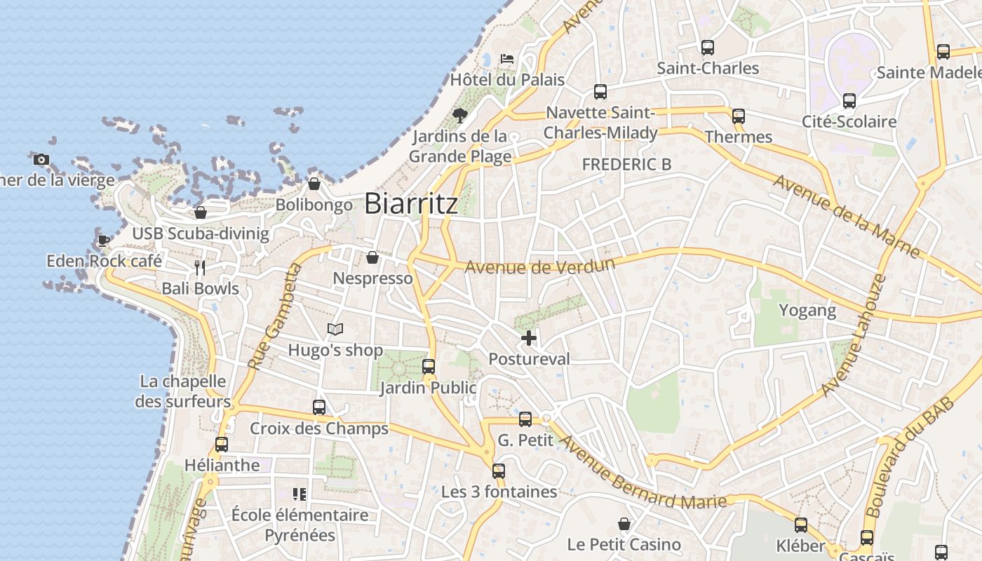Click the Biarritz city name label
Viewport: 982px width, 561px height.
[x=411, y=203]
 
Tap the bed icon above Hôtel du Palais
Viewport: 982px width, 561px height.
[x=507, y=59]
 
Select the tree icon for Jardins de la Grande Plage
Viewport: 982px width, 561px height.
[x=460, y=115]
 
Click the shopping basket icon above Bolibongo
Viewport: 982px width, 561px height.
[x=314, y=184]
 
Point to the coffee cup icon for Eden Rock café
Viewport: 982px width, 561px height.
[x=103, y=241]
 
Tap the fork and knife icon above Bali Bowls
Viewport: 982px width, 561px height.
[x=200, y=267]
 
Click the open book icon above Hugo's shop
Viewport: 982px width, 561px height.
[x=336, y=329]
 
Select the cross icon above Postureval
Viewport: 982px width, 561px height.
[x=529, y=339]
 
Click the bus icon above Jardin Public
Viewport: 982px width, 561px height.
[x=429, y=366]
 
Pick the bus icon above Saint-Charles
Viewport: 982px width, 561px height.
[x=708, y=48]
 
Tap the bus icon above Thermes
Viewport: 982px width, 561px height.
[x=739, y=116]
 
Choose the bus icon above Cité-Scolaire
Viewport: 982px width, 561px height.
[x=849, y=101]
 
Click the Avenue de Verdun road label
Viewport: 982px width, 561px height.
[x=539, y=266]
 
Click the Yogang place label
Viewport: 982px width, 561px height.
[x=807, y=310]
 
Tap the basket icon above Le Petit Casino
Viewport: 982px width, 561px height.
[x=624, y=524]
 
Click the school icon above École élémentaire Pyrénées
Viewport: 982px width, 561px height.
[x=300, y=494]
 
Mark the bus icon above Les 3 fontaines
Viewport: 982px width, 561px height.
[x=499, y=471]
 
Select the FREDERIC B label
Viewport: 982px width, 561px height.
[x=626, y=164]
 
